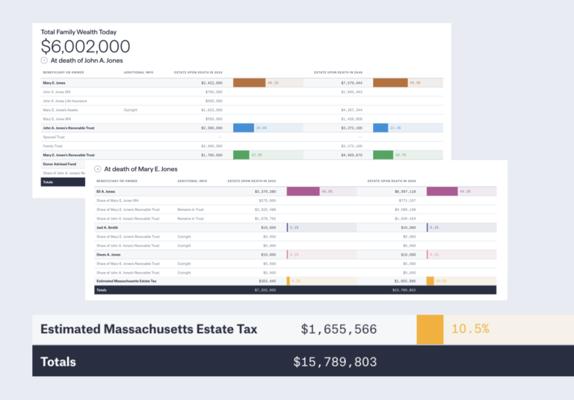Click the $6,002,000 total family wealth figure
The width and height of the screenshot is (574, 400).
pos(85,46)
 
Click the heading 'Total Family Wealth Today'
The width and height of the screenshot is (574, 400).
pos(78,32)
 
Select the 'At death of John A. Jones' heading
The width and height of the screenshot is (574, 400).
pos(87,61)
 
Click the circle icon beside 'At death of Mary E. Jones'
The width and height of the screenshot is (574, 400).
pos(97,170)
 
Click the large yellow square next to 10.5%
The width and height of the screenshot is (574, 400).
pos(430,329)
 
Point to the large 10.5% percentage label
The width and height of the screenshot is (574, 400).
pos(470,329)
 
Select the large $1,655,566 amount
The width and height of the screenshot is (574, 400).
pos(339,329)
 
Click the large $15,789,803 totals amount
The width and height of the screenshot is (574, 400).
pos(335,362)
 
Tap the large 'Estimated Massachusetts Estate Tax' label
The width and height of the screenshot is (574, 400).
pos(149,329)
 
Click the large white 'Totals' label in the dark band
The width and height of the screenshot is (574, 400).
pos(58,362)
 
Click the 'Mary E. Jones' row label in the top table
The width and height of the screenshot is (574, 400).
pos(53,83)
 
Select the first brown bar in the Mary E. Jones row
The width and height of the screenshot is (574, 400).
pos(249,82)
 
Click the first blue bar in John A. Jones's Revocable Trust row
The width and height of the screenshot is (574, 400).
pos(244,128)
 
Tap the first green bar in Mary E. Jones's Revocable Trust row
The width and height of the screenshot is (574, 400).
pos(241,155)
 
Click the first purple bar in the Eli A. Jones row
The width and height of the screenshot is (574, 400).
pos(303,191)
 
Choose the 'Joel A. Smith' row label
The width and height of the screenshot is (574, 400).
pos(107,227)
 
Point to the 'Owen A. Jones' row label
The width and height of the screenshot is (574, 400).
pos(108,254)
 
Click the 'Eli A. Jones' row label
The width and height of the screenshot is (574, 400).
pos(105,191)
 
